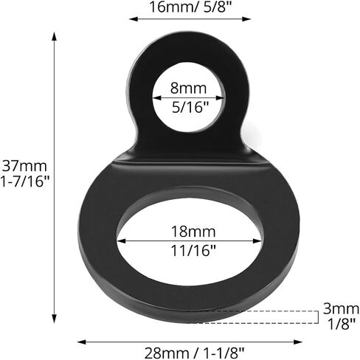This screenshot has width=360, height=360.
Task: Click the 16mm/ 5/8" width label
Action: [190, 7]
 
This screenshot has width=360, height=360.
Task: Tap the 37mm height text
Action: [24, 166]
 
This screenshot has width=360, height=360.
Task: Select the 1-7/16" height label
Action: [25, 181]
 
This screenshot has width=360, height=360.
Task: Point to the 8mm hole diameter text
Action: [188, 88]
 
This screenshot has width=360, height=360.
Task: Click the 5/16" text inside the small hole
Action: [190, 107]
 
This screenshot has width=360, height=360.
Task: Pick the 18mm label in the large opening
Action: [193, 232]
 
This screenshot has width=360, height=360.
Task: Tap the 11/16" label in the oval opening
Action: [193, 251]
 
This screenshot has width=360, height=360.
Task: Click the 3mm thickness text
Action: [341, 308]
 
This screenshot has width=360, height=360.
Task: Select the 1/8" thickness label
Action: [342, 324]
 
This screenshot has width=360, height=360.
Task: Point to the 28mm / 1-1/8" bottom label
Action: [194, 353]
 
